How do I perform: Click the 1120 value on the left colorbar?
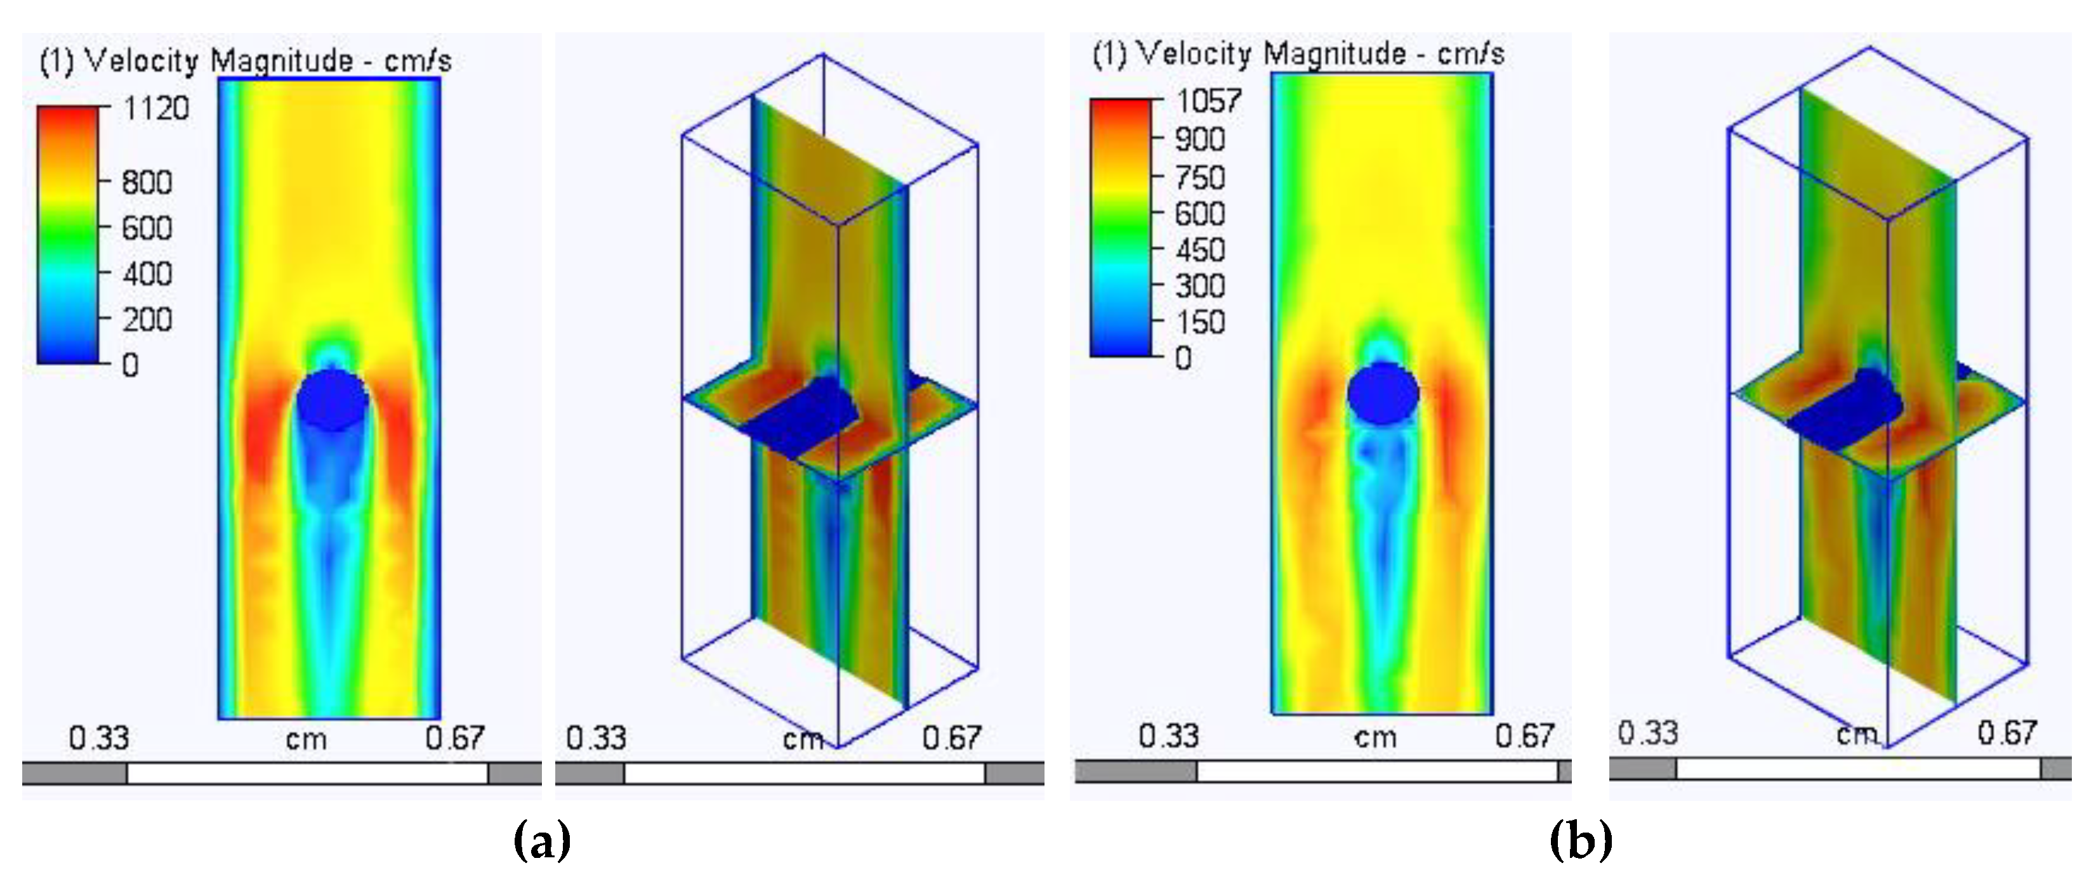pyautogui.click(x=155, y=108)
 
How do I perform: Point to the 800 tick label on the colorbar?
pyautogui.click(x=147, y=182)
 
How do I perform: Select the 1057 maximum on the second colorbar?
pyautogui.click(x=1208, y=101)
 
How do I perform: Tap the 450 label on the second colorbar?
pyautogui.click(x=1200, y=250)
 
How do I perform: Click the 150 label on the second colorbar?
pyautogui.click(x=1200, y=323)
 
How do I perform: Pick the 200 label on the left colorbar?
pyautogui.click(x=147, y=320)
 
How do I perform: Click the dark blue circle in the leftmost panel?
pyautogui.click(x=332, y=399)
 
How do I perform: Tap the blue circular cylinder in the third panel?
pyautogui.click(x=1383, y=394)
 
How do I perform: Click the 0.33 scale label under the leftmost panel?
pyautogui.click(x=99, y=739)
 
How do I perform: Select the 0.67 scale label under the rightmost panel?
pyautogui.click(x=2007, y=733)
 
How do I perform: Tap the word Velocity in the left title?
pyautogui.click(x=142, y=61)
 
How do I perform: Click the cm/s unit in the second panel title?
pyautogui.click(x=1470, y=55)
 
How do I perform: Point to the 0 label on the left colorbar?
pyautogui.click(x=130, y=366)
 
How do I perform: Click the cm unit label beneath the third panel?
pyautogui.click(x=1375, y=737)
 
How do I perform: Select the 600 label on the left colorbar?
pyautogui.click(x=147, y=228)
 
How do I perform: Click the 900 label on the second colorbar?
pyautogui.click(x=1200, y=140)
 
